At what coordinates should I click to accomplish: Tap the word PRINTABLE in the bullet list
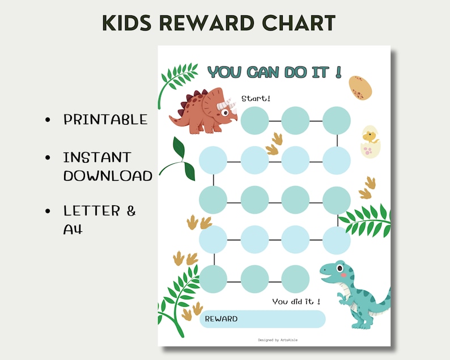[105, 120]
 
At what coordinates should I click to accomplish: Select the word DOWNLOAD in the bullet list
[108, 176]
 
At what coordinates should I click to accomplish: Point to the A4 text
[73, 230]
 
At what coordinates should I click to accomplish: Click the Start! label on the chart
[256, 99]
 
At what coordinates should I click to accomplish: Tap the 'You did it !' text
[296, 302]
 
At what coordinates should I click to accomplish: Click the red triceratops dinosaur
[201, 112]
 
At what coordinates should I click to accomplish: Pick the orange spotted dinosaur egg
[360, 87]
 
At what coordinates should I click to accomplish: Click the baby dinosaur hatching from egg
[371, 141]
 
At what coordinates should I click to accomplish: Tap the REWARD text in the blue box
[221, 319]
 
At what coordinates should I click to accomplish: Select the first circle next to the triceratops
[254, 120]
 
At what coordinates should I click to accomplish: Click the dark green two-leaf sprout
[180, 159]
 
